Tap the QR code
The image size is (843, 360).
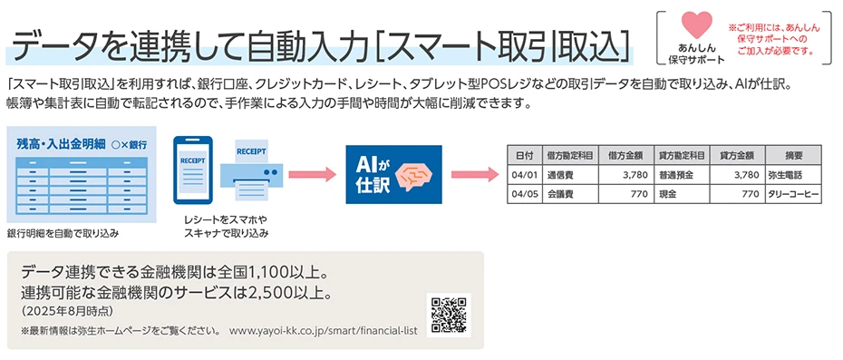(449, 315)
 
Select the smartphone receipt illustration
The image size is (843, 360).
(193, 173)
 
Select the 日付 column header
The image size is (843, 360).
(525, 154)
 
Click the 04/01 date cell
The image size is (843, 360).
(525, 174)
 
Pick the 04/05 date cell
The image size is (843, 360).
(525, 194)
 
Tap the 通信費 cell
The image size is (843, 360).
(560, 174)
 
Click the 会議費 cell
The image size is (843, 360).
(560, 194)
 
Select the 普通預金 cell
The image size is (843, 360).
(678, 174)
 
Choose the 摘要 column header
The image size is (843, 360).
(794, 154)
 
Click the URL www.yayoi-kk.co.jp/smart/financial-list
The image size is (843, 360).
(323, 331)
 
